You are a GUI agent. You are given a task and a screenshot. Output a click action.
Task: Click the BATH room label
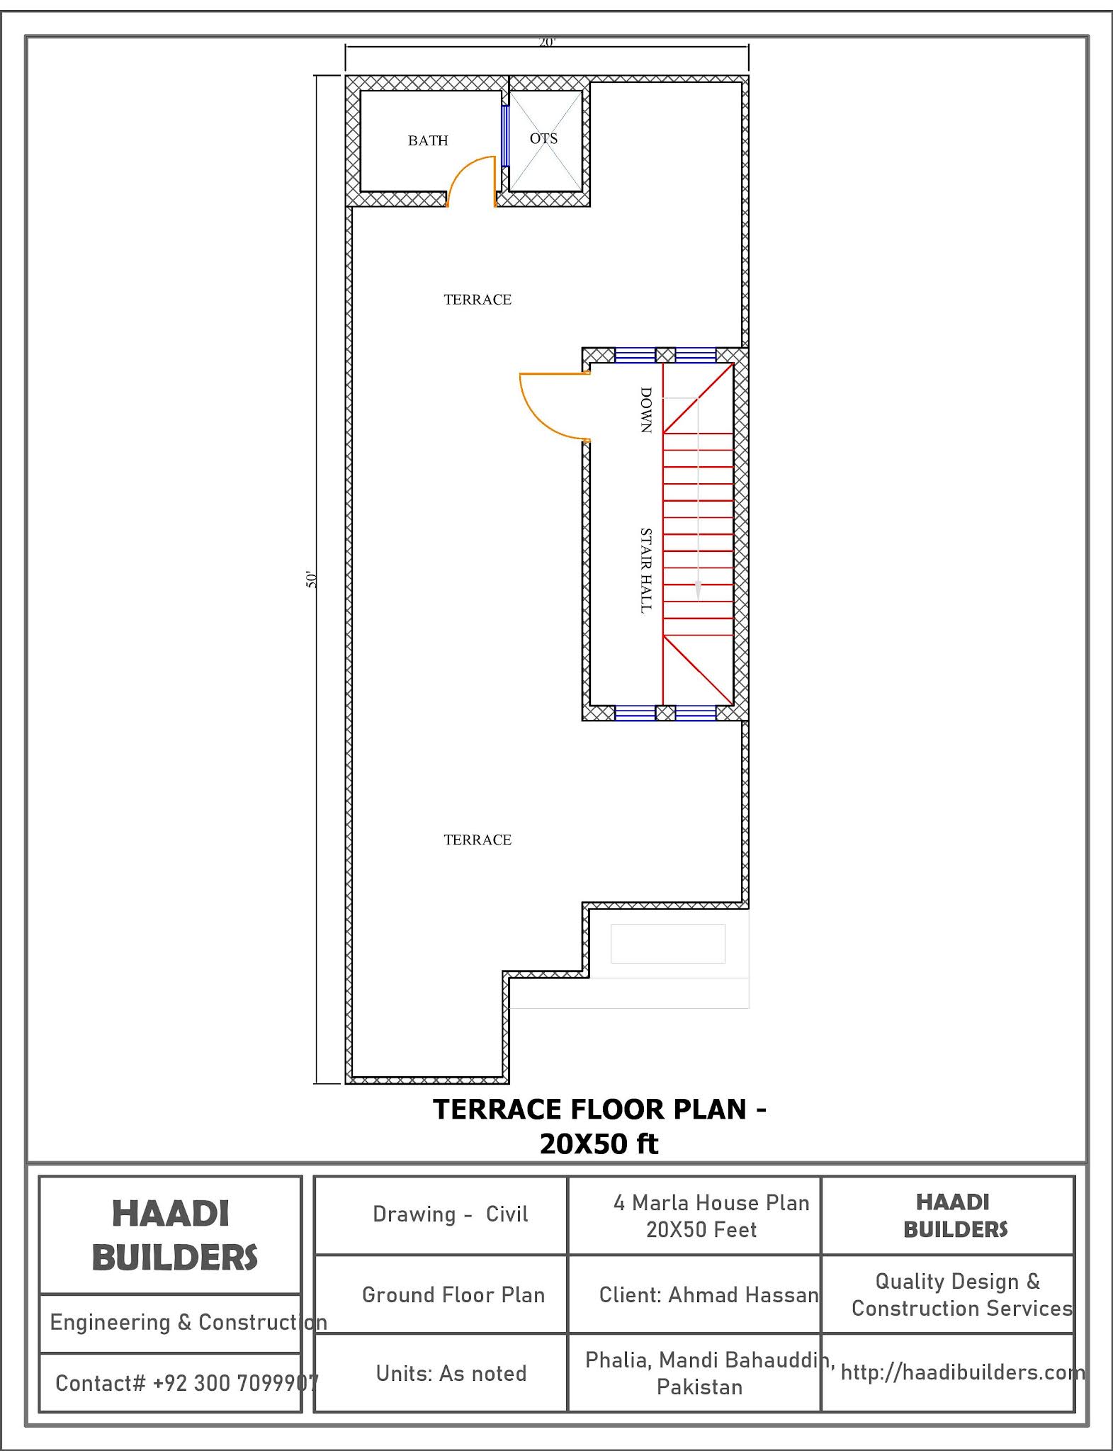[x=428, y=140]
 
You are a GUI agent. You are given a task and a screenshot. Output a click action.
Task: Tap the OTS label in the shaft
[x=543, y=138]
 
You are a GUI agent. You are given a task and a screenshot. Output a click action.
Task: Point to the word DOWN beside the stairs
[x=645, y=410]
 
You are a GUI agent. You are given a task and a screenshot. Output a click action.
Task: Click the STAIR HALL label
[x=645, y=570]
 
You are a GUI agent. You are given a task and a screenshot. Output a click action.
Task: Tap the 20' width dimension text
[x=547, y=43]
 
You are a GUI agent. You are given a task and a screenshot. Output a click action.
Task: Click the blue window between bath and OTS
[x=505, y=136]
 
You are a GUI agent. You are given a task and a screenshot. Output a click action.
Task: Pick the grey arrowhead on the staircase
[x=698, y=590]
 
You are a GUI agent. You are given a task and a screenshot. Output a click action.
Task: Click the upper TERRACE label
[x=478, y=300]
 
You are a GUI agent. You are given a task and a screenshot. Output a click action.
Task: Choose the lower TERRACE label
[x=478, y=840]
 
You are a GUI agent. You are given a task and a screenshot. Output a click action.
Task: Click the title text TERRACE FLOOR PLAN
[x=590, y=1110]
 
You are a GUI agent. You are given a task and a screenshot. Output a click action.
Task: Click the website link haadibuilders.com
[x=963, y=1372]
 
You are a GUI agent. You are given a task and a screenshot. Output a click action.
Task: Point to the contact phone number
[x=236, y=1382]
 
